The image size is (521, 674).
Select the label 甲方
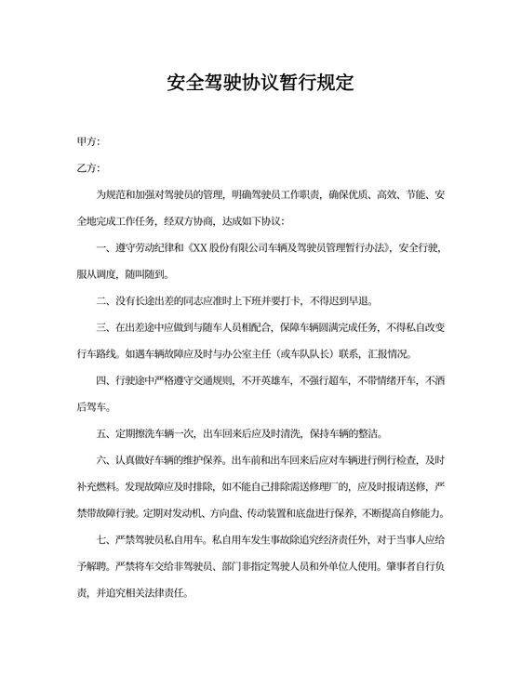[x=87, y=141]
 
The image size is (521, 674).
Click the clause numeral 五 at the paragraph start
[x=101, y=433]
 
